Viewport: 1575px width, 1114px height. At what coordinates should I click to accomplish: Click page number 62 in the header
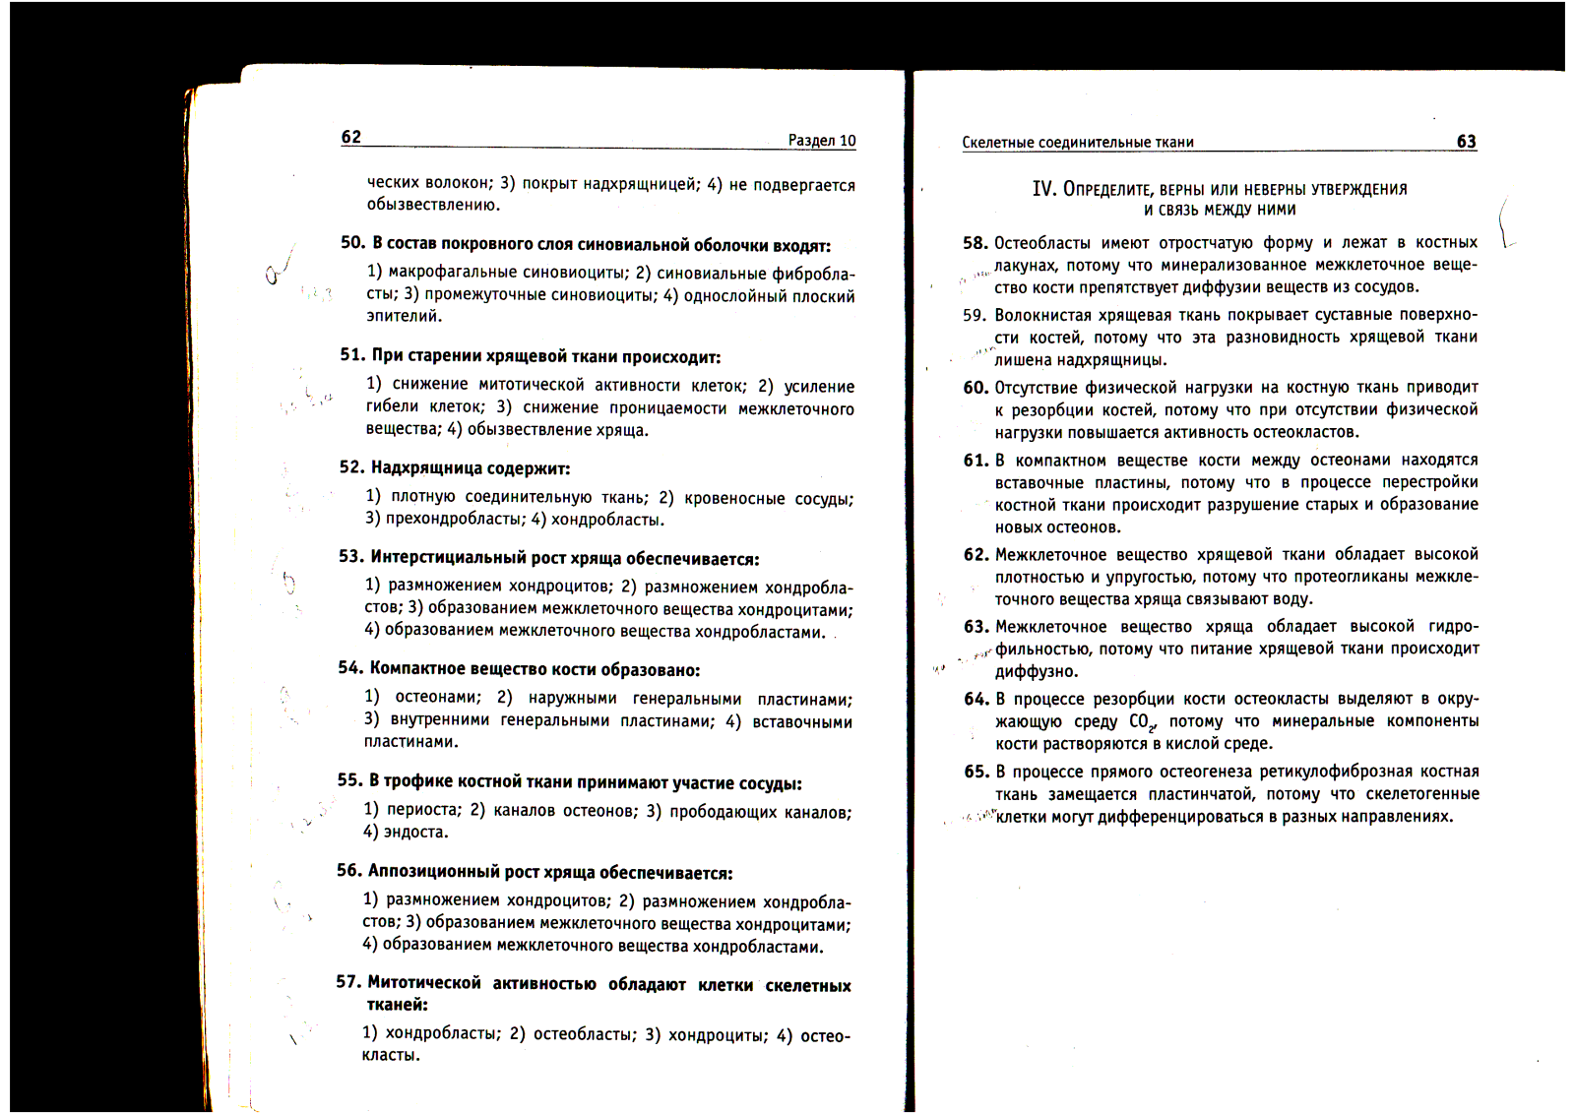(351, 137)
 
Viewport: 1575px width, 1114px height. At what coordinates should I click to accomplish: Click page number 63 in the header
(1466, 141)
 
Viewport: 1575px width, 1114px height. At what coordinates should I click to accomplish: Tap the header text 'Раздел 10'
(822, 141)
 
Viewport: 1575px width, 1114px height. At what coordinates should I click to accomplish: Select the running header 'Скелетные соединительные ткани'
(1078, 142)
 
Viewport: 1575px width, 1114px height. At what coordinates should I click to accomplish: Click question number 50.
(352, 243)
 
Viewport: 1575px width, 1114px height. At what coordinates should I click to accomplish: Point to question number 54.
(349, 668)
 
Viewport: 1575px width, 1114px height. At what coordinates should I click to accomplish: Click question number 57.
(347, 982)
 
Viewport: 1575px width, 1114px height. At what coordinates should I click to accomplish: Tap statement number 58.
(975, 243)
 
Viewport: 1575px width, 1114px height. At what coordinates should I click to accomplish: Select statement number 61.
(975, 461)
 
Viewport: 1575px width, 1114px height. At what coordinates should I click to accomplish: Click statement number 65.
(976, 772)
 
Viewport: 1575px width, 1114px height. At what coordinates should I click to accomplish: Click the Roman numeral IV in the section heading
(1043, 188)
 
